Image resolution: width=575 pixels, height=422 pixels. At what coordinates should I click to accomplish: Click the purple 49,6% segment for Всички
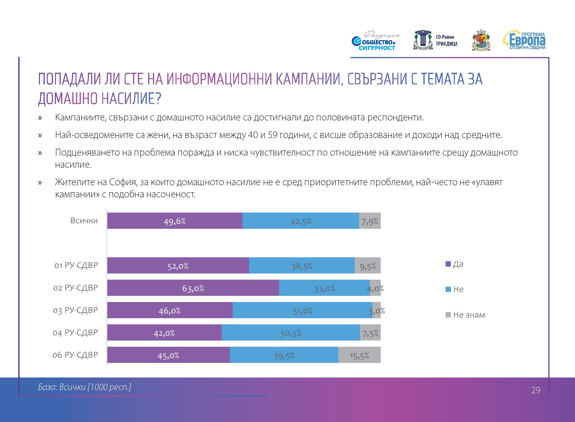175,221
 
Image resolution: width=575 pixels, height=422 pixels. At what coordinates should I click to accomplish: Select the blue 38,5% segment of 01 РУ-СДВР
302,266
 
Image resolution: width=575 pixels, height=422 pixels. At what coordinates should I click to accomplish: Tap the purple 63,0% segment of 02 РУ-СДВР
193,288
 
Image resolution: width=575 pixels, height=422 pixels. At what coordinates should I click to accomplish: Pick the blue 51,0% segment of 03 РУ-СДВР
302,310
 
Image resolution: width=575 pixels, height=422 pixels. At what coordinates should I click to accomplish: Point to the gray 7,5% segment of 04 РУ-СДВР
370,333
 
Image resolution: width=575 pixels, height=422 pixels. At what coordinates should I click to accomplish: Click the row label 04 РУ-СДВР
75,333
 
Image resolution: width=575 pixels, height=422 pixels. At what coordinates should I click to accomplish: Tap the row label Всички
84,220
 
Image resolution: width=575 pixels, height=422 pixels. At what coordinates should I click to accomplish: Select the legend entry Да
458,264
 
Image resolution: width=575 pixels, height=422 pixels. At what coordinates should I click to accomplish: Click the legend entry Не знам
469,315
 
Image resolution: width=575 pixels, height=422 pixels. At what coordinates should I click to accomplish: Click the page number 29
536,390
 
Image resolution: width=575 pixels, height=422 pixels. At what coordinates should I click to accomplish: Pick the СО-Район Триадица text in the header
446,40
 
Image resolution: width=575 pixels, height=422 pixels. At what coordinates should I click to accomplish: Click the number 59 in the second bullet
272,135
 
